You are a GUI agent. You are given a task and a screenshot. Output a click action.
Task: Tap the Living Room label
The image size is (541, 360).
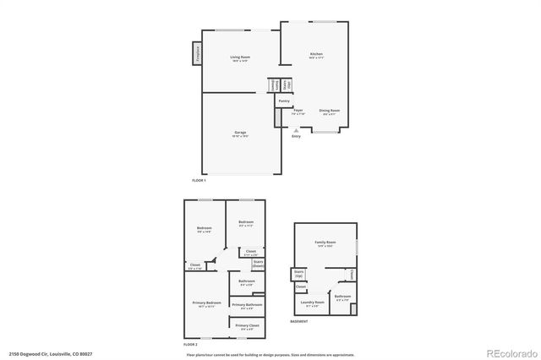pyautogui.click(x=240, y=57)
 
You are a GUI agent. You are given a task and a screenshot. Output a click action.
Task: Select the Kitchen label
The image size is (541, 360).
pyautogui.click(x=315, y=55)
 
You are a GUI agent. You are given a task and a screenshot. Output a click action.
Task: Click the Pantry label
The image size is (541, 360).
pyautogui.click(x=284, y=101)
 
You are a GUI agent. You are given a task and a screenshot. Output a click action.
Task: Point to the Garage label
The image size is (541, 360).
pyautogui.click(x=240, y=133)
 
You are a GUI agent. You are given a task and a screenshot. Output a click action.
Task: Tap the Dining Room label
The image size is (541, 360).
pyautogui.click(x=329, y=111)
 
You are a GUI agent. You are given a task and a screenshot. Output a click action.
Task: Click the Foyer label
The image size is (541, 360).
pyautogui.click(x=298, y=111)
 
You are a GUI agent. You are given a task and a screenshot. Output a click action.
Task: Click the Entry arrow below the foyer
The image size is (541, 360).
pyautogui.click(x=296, y=132)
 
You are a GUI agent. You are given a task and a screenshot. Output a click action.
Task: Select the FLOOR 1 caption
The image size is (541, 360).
pyautogui.click(x=199, y=181)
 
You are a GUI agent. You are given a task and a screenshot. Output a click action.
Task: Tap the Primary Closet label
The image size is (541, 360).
pyautogui.click(x=247, y=325)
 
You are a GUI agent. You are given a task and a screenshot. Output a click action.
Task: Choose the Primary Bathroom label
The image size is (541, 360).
pyautogui.click(x=247, y=304)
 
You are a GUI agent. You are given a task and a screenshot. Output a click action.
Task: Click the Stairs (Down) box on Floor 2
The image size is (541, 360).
pyautogui.click(x=258, y=264)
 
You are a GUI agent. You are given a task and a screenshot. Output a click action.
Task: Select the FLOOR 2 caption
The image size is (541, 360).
pyautogui.click(x=191, y=345)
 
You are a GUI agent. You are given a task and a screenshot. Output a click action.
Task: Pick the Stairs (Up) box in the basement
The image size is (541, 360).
pyautogui.click(x=298, y=275)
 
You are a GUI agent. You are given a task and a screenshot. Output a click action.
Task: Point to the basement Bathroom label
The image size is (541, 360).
pyautogui.click(x=342, y=297)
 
